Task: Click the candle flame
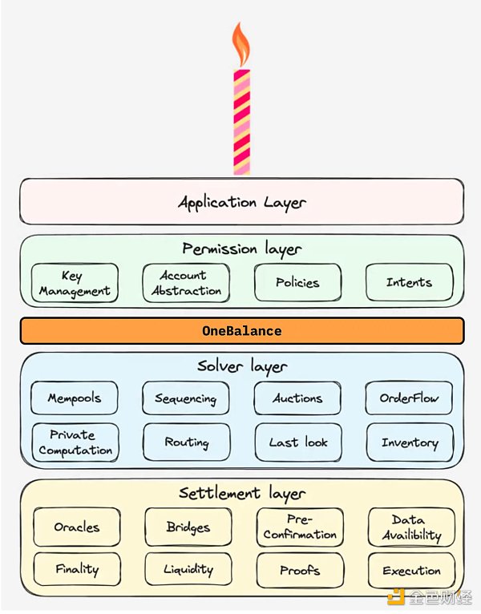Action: (240, 46)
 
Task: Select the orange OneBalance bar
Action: (241, 331)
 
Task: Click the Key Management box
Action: (75, 284)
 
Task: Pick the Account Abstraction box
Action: (186, 284)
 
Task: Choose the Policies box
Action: (297, 283)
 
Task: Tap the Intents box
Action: (409, 283)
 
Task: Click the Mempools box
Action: (75, 398)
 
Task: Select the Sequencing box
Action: (186, 398)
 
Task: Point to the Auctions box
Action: (297, 398)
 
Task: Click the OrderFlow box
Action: (409, 398)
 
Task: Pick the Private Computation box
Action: (75, 442)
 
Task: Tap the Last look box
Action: (298, 442)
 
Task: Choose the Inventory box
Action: (410, 442)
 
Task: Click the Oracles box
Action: (77, 527)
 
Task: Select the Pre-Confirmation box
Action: (300, 527)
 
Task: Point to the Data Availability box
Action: (411, 527)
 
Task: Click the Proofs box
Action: (300, 571)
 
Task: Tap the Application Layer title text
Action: (241, 201)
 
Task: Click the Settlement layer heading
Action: (241, 493)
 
